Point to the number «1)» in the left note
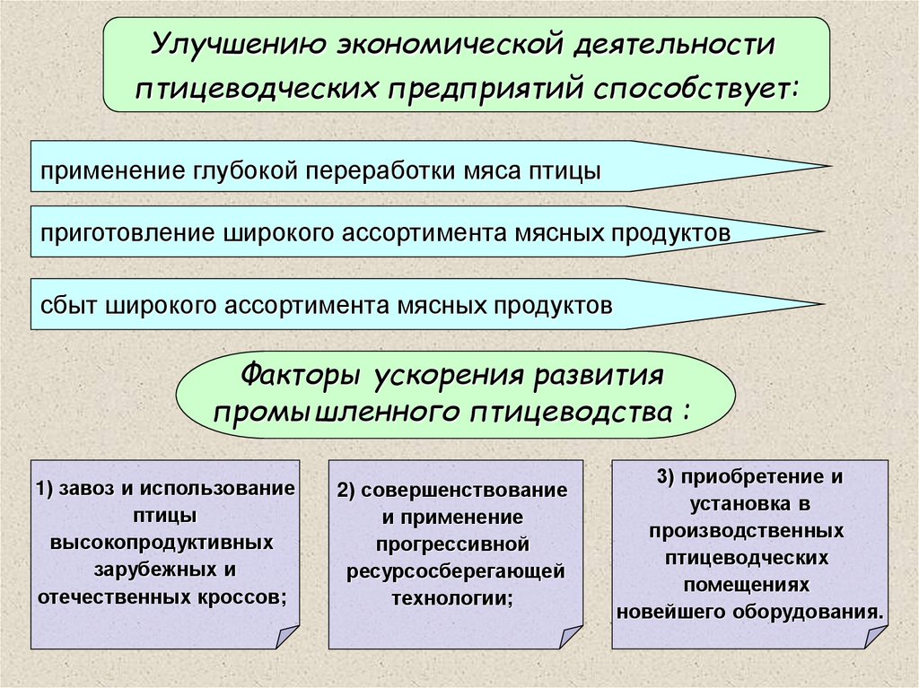(48, 489)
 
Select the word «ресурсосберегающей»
(456, 571)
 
